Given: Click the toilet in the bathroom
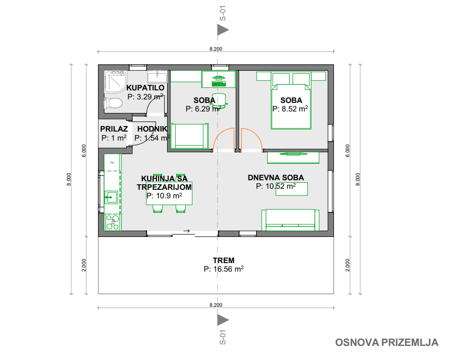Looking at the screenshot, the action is [x=113, y=103].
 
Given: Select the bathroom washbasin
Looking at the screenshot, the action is [x=157, y=77].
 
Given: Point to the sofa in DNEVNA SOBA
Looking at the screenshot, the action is [x=290, y=220].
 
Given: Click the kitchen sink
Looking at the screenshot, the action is [x=111, y=197].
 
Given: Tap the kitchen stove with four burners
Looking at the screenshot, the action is [x=112, y=222].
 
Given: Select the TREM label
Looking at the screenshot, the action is [x=223, y=260].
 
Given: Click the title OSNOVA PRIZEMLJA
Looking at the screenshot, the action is [x=387, y=342].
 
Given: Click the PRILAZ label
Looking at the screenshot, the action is [x=114, y=129].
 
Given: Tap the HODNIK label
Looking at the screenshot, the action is [x=152, y=129].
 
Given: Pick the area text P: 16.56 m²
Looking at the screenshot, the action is [x=223, y=269].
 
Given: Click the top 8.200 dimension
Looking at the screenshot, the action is [x=216, y=49].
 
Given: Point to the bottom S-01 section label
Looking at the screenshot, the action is [x=222, y=337].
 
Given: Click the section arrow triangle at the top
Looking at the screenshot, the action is [x=223, y=30].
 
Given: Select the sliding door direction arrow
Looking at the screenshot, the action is [x=187, y=231].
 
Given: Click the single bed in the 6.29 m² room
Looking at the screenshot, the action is [x=189, y=136].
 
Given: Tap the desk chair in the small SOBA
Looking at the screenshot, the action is [x=219, y=100].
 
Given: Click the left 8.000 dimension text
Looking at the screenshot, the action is [x=69, y=179].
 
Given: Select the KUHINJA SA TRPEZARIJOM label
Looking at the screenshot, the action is [x=164, y=183].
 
